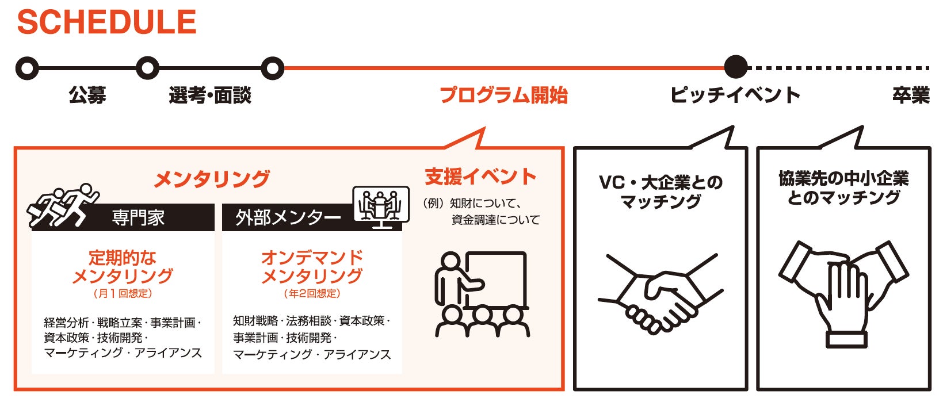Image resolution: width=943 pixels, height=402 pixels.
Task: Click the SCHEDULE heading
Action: [107, 22]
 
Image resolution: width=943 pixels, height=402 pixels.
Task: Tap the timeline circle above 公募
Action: [27, 68]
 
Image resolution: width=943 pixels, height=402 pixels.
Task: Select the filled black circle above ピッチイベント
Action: [735, 67]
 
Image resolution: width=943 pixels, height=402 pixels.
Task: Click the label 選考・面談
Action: [210, 95]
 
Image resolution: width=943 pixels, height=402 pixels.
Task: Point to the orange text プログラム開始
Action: [503, 95]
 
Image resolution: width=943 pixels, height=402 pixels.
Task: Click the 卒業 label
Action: [911, 95]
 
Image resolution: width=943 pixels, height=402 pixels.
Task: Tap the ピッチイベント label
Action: [735, 95]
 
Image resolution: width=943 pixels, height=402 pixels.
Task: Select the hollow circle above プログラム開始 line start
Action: [272, 68]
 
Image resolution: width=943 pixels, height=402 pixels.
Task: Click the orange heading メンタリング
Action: [212, 179]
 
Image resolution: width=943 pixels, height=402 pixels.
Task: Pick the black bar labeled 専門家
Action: [138, 218]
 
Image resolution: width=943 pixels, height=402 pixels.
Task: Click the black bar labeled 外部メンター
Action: [288, 218]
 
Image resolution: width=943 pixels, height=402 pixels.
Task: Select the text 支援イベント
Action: [480, 177]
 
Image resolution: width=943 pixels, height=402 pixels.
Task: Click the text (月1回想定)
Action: [123, 294]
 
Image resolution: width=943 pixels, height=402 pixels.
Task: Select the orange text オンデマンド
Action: [312, 257]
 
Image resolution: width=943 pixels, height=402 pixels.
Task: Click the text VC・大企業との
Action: [661, 183]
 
